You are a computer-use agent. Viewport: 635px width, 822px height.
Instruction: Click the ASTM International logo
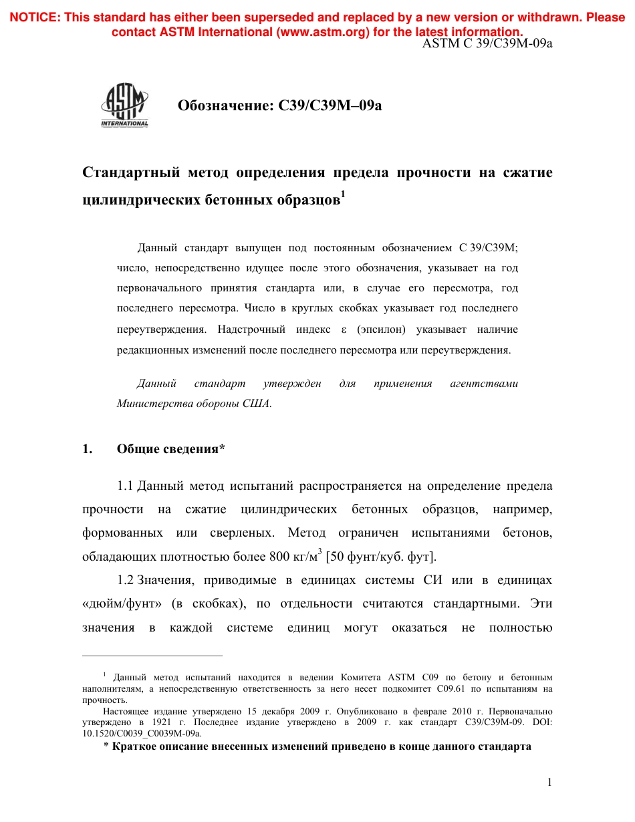124,106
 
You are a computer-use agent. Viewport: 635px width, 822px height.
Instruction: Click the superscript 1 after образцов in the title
343,194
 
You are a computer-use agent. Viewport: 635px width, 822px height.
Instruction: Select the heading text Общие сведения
167,449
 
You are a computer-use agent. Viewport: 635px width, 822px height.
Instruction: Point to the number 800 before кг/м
279,556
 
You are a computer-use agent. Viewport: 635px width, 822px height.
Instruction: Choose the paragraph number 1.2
126,579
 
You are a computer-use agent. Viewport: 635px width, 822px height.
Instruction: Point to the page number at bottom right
549,783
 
